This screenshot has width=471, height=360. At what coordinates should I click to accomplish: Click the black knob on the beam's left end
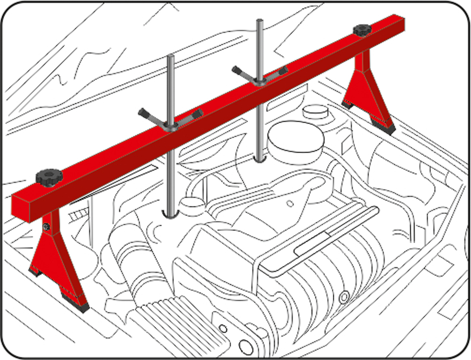pos(49,177)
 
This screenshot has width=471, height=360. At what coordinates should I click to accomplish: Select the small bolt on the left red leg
pos(47,228)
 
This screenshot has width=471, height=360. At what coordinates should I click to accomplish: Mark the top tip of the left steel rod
pos(171,56)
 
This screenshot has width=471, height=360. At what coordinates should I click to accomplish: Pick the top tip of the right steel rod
pos(259,21)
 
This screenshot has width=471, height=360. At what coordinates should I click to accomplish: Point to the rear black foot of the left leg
pos(34,272)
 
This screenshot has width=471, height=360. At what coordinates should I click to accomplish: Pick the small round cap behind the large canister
pos(315,111)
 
